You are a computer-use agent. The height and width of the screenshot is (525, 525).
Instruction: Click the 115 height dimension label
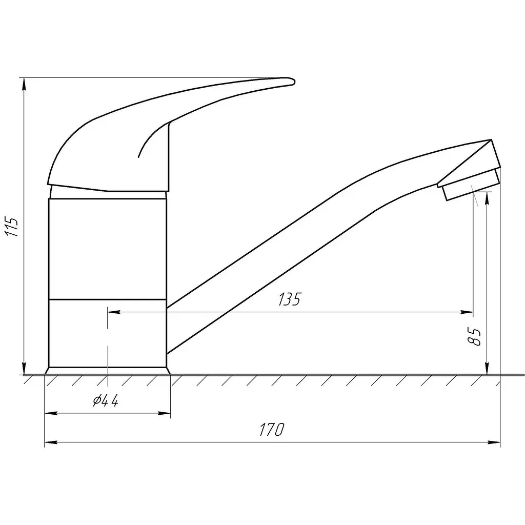pyautogui.click(x=12, y=227)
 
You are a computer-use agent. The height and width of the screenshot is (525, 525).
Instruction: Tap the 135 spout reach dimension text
pyautogui.click(x=290, y=299)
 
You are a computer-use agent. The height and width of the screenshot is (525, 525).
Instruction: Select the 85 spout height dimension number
pyautogui.click(x=475, y=336)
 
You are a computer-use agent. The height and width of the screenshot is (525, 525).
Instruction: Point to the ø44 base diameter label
pyautogui.click(x=106, y=400)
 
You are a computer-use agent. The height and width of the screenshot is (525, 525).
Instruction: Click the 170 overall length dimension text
pyautogui.click(x=272, y=430)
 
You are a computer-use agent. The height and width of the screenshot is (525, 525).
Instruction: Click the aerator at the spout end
pyautogui.click(x=471, y=185)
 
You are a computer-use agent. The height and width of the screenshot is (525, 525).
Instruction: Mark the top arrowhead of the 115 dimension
pyautogui.click(x=24, y=84)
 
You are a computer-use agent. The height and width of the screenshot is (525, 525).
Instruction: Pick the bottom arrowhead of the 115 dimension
pyautogui.click(x=24, y=368)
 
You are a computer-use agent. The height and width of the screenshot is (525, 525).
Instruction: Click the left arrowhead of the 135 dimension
pyautogui.click(x=114, y=312)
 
